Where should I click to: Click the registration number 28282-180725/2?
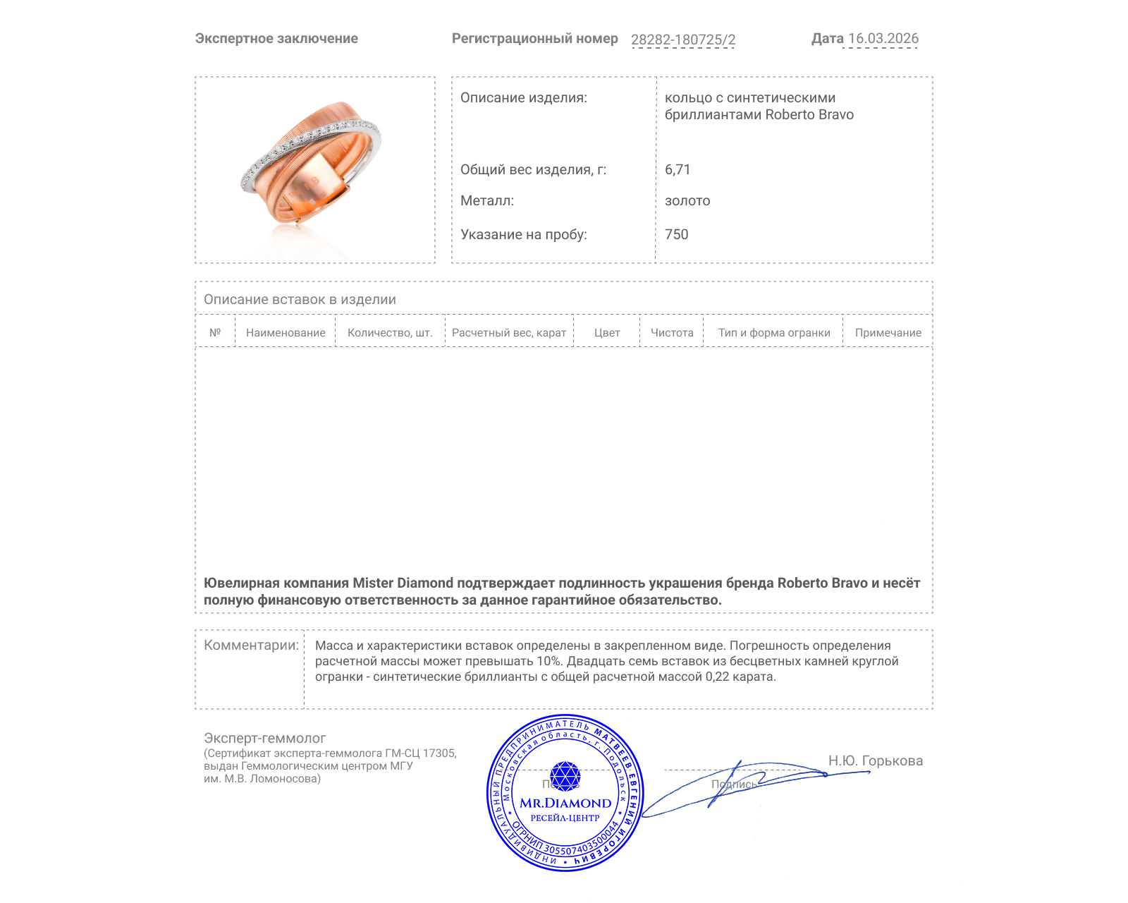(682, 40)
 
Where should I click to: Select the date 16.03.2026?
(883, 39)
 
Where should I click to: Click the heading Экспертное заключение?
(276, 39)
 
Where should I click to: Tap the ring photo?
(312, 168)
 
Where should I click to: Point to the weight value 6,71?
(678, 169)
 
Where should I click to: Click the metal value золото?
(687, 201)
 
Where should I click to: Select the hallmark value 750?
(676, 235)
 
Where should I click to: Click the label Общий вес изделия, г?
(533, 169)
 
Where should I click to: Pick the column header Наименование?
(286, 333)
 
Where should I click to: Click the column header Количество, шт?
(390, 333)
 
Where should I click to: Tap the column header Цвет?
(607, 333)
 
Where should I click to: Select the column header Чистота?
(672, 333)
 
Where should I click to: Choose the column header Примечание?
(888, 333)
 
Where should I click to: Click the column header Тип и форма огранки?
(774, 333)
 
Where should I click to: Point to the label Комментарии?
(251, 645)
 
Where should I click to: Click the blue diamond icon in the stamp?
(565, 777)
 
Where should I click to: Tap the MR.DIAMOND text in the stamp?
(565, 803)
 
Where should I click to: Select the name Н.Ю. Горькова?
(875, 760)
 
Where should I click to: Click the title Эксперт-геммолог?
(264, 738)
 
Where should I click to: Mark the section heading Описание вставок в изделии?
(300, 299)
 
